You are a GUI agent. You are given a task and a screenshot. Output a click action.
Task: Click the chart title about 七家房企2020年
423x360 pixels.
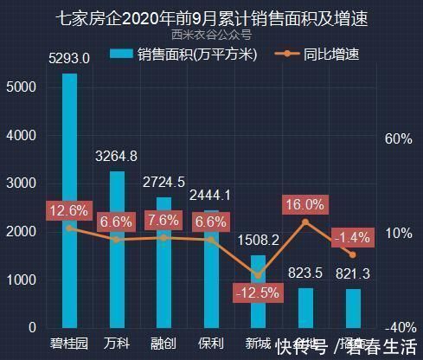tap(211, 18)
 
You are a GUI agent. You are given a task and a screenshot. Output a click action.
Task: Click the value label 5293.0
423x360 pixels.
tap(69, 60)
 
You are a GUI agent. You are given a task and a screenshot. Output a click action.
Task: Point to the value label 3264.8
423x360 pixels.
tap(117, 157)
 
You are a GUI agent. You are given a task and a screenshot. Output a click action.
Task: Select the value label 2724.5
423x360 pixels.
tap(163, 182)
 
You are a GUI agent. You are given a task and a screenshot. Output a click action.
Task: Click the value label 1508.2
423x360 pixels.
tap(258, 240)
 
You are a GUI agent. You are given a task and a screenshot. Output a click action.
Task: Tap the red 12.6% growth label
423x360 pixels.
tap(69, 210)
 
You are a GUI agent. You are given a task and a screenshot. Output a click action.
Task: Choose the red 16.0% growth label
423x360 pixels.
tap(304, 205)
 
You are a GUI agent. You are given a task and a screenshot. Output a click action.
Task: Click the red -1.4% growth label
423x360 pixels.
tap(351, 236)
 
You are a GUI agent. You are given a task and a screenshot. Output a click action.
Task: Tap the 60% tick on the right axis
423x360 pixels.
tap(396, 139)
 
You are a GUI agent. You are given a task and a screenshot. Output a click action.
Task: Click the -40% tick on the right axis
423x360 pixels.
tap(397, 328)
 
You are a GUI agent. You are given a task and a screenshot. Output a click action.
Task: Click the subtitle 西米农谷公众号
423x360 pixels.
tap(211, 35)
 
